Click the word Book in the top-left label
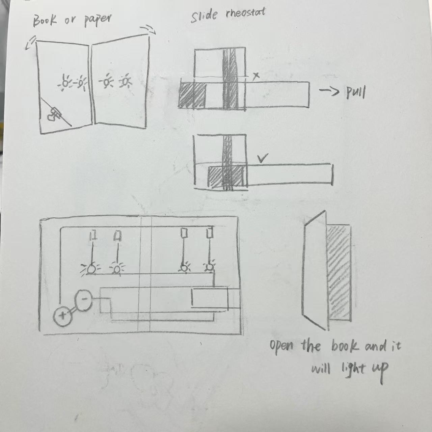(44, 21)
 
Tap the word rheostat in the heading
(245, 15)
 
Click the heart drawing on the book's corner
(51, 117)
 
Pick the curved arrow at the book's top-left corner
(30, 43)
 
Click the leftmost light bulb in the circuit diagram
(90, 269)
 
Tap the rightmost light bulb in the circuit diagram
(210, 267)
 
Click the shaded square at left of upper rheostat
(192, 96)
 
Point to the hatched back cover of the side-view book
(339, 273)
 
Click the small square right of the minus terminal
(105, 305)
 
